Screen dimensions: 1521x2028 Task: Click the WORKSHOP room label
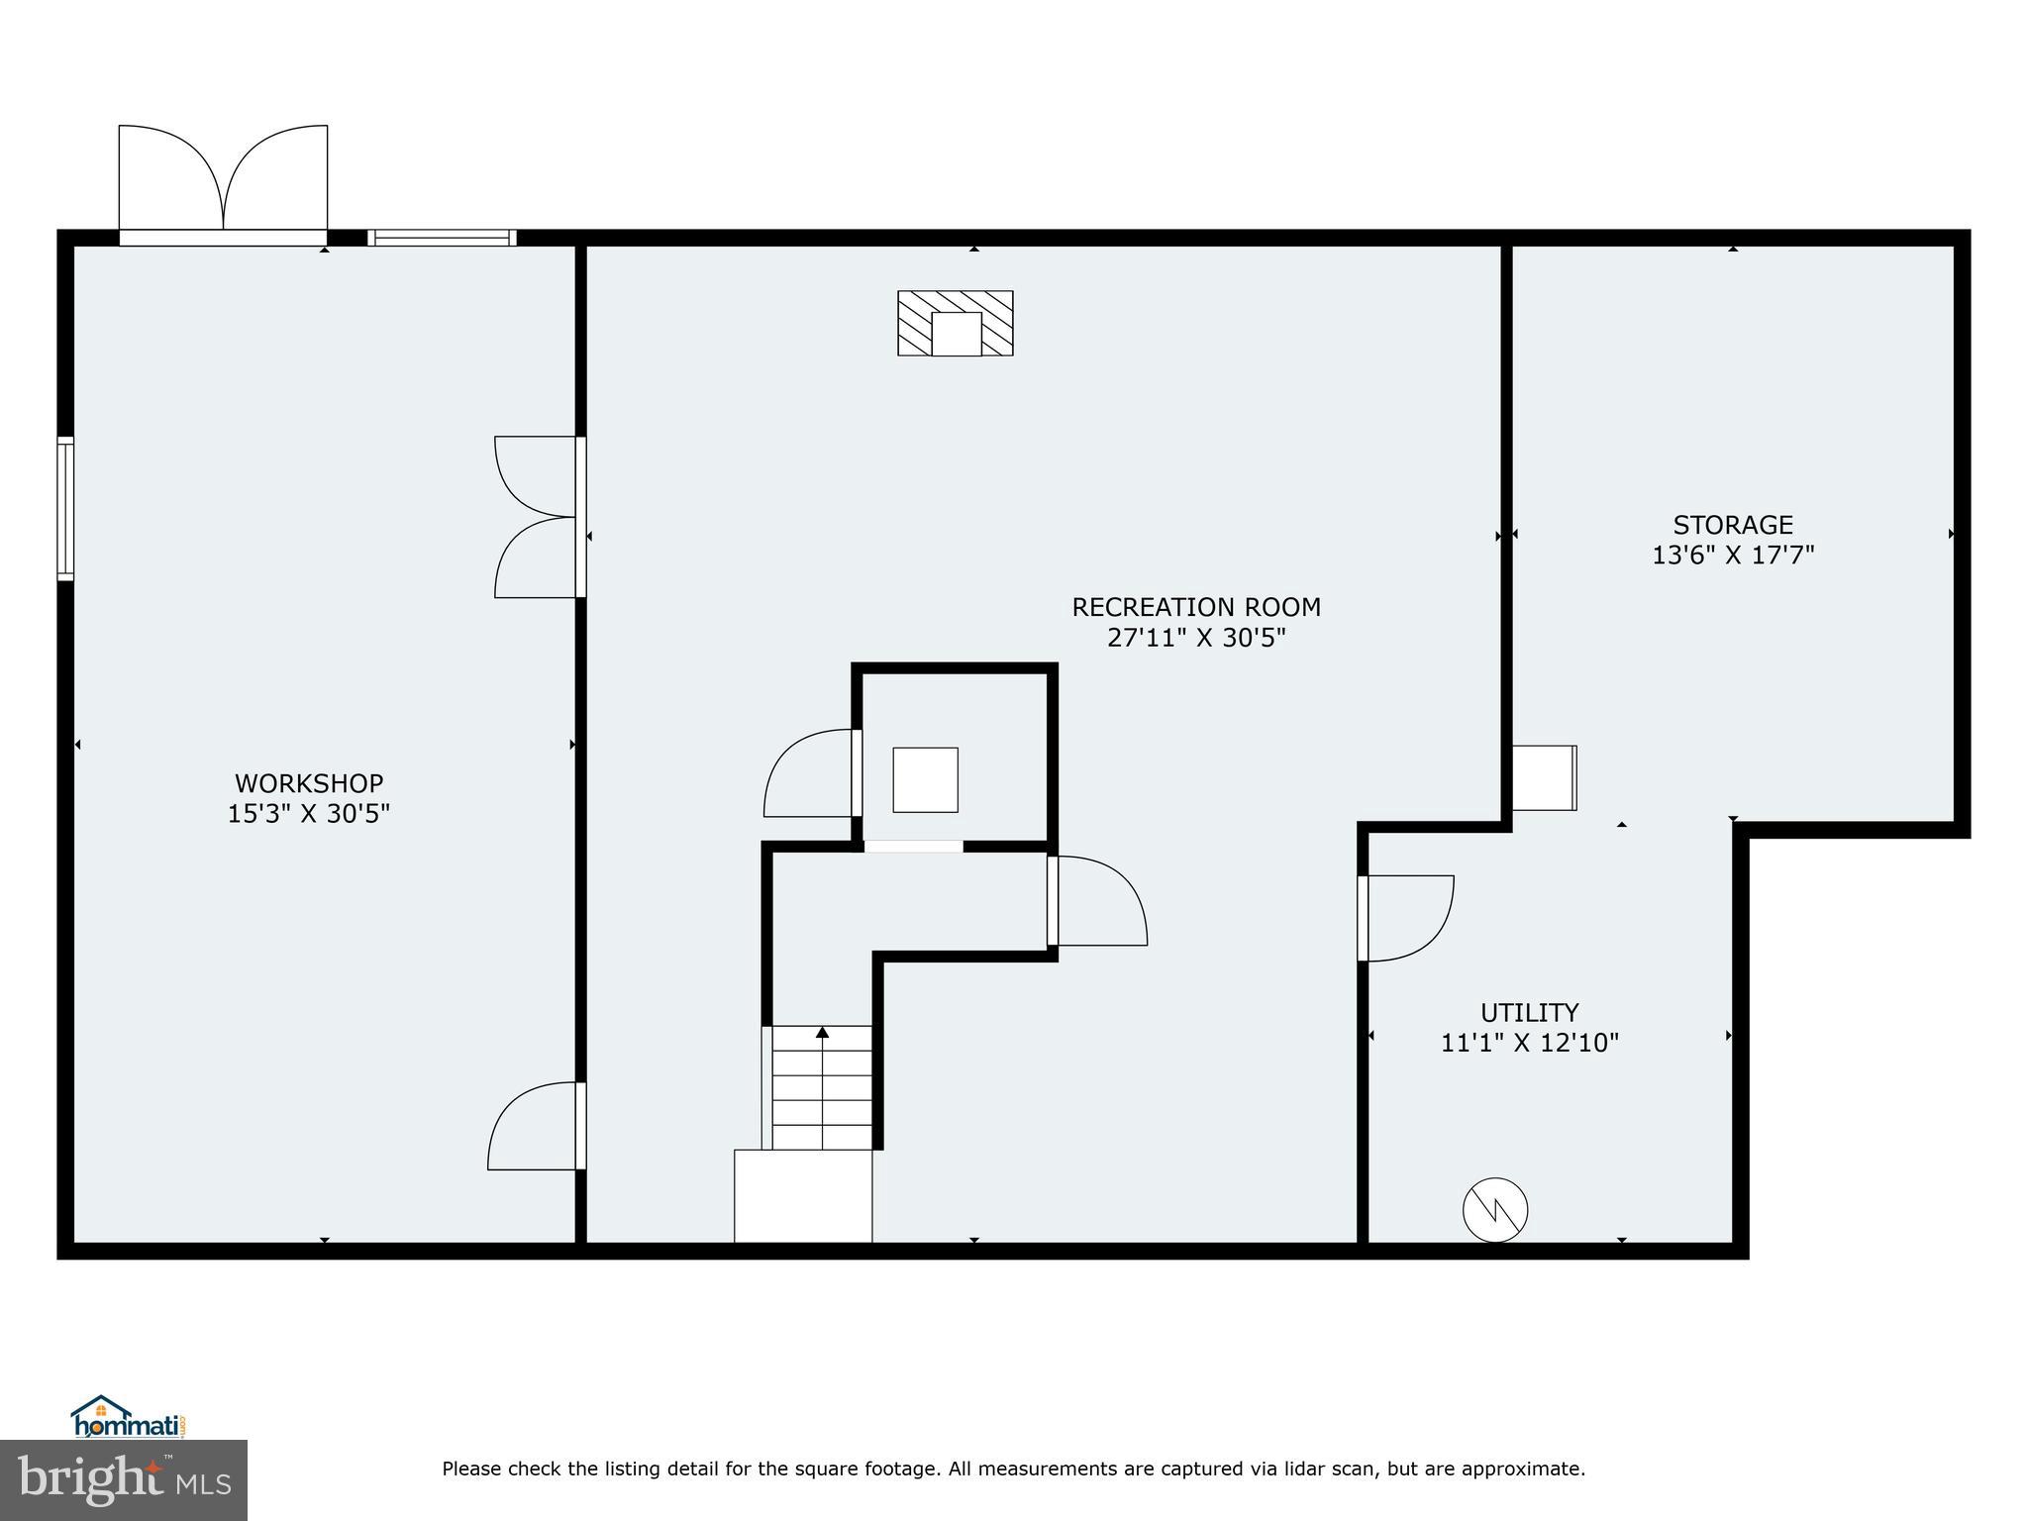point(309,783)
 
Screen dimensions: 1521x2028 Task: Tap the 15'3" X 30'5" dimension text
point(309,814)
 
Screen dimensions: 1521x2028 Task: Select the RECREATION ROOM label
point(1196,606)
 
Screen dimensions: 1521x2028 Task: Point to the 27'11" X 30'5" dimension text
point(1196,638)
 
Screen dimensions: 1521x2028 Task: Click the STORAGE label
point(1733,524)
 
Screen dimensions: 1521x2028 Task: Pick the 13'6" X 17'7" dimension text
point(1733,555)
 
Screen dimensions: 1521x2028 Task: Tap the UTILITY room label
point(1529,1012)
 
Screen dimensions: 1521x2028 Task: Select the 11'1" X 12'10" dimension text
point(1529,1043)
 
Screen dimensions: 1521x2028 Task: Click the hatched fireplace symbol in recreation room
point(955,323)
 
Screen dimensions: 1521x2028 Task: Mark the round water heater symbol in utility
point(1495,1209)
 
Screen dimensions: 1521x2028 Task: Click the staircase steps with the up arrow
point(822,1087)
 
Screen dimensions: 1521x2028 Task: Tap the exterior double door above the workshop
point(223,183)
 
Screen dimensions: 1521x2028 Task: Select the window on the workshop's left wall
point(65,509)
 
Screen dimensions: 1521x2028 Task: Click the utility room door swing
point(1406,918)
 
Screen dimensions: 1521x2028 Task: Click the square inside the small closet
point(925,780)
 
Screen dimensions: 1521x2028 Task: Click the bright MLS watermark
point(124,1479)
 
